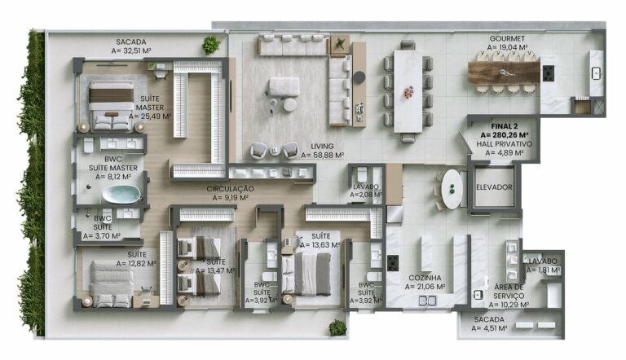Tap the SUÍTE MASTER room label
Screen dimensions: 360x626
[148, 107]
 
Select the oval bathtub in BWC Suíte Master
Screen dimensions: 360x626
[121, 194]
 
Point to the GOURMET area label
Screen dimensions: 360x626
[506, 43]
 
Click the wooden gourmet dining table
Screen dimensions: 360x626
[504, 73]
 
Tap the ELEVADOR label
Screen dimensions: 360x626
[495, 187]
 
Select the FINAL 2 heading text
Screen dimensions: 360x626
[505, 130]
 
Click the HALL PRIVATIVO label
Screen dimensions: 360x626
[505, 147]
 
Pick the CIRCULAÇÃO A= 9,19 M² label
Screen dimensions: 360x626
[230, 192]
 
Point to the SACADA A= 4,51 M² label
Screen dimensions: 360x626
[488, 324]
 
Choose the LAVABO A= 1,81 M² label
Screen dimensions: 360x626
[543, 266]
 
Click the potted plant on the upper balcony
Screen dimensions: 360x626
[212, 44]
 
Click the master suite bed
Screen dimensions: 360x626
[111, 105]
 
